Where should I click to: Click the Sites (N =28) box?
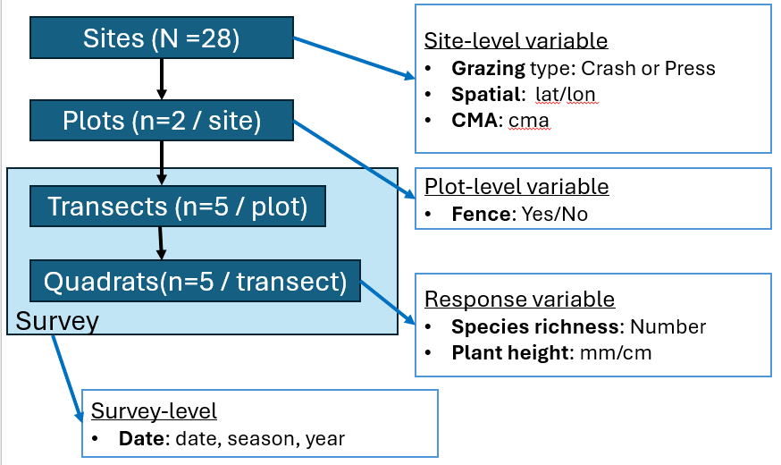point(162,38)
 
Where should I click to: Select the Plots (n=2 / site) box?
point(162,121)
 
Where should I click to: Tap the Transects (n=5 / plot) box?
point(178,207)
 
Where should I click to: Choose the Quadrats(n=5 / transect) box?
point(195,281)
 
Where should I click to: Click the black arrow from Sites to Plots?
point(162,80)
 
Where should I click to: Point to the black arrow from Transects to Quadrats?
point(160,243)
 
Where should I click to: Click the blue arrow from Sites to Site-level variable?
point(354,58)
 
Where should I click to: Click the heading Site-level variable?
point(516,41)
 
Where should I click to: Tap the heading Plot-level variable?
point(516,187)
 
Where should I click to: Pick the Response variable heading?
point(519,300)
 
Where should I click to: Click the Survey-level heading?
point(154,411)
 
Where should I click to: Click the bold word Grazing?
point(488,69)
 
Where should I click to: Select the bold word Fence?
point(481,215)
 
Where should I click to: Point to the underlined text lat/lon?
point(566,95)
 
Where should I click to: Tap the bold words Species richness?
point(535,327)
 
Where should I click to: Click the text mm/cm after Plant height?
point(616,353)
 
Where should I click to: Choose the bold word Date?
point(141,438)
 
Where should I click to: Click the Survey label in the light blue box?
point(57,321)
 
